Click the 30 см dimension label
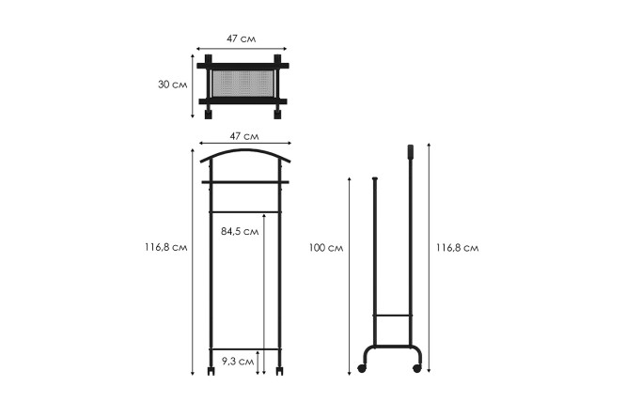(172, 85)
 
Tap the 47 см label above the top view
(242, 39)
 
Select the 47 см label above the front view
(244, 136)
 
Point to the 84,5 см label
(240, 231)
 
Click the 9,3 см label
(238, 362)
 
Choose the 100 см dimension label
(326, 248)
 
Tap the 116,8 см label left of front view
(165, 247)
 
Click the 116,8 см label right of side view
(457, 248)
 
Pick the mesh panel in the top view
(243, 84)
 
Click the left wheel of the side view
(362, 369)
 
